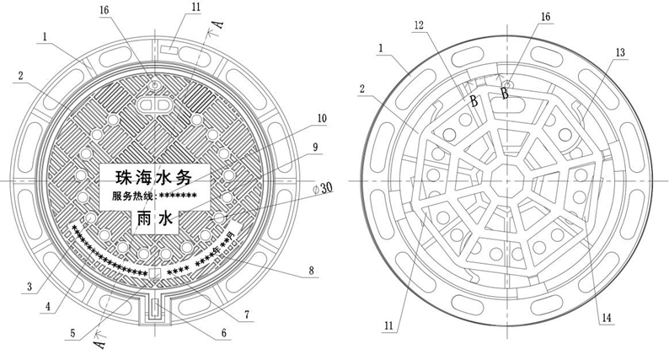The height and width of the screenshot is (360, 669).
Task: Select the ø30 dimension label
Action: (323, 191)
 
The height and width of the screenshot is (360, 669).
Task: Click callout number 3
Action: (29, 287)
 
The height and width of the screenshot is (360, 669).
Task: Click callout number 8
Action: (311, 271)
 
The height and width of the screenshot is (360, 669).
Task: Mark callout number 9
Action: (315, 147)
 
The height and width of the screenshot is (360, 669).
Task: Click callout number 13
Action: (621, 53)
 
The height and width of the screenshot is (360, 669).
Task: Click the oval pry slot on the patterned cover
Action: (153, 105)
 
